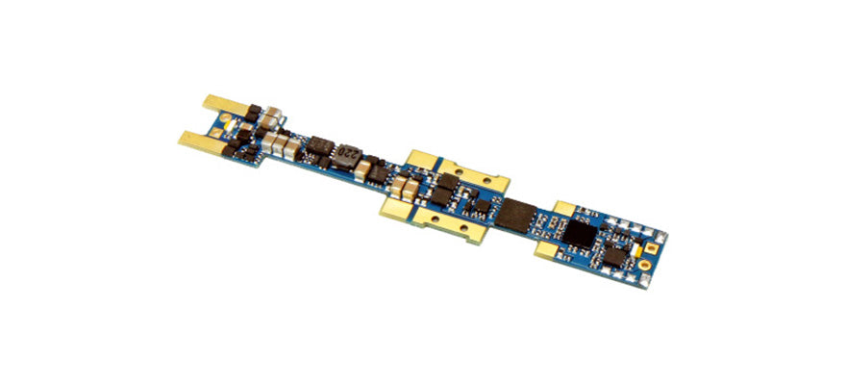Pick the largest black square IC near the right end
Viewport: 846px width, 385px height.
point(580,231)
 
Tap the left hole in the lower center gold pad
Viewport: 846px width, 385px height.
point(400,203)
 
